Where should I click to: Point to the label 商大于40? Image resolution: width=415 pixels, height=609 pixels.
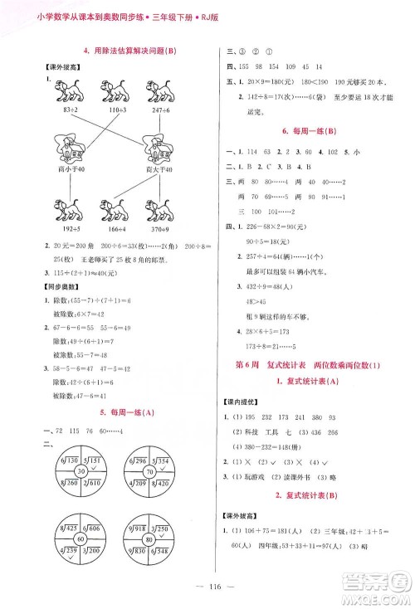click(x=157, y=168)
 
